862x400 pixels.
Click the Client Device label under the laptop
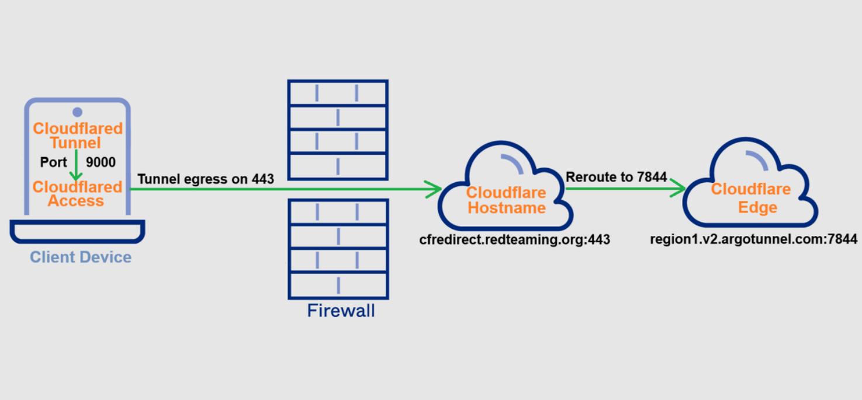tap(81, 257)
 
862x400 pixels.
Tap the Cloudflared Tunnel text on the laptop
tap(77, 135)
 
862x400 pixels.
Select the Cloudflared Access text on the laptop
tap(77, 194)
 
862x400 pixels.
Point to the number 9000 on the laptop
tap(101, 162)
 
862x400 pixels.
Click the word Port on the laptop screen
tap(54, 162)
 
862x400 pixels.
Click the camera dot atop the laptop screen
tap(77, 112)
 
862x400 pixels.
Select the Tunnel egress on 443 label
tap(206, 179)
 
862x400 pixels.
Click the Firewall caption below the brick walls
tap(341, 310)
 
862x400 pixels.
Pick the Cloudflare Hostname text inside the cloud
tap(506, 200)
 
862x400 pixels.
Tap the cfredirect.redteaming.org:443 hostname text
tap(514, 239)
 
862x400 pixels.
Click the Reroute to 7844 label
tap(616, 177)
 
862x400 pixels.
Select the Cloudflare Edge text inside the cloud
tap(750, 198)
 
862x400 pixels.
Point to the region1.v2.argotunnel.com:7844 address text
tap(753, 239)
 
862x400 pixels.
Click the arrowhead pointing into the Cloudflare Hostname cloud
tap(433, 189)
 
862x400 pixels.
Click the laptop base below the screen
tap(77, 232)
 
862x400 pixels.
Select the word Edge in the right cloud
tap(757, 207)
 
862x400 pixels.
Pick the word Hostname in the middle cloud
tap(507, 208)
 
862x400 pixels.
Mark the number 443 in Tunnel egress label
tap(263, 179)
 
